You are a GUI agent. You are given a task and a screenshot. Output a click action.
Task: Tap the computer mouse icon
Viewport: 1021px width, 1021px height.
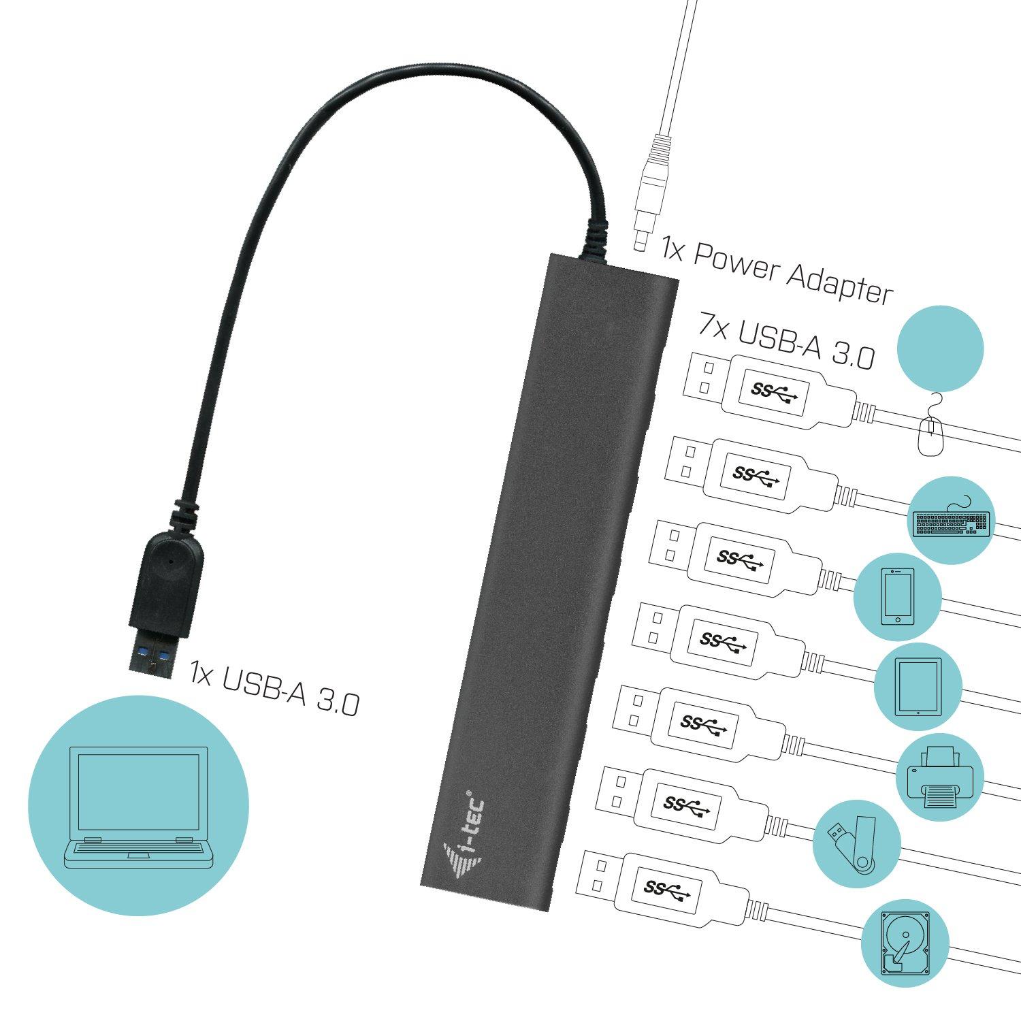click(x=929, y=433)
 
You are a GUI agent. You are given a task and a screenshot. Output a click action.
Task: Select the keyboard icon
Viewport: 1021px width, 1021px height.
click(x=952, y=523)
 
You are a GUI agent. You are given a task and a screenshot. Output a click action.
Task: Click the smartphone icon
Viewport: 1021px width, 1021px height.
click(x=897, y=597)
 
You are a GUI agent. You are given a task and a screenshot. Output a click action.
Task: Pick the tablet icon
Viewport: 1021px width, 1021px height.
click(x=918, y=686)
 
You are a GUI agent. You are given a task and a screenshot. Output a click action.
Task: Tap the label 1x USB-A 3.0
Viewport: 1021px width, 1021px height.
click(x=274, y=687)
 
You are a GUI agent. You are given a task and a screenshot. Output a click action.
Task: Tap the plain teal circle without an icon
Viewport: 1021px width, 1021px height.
click(x=941, y=347)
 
